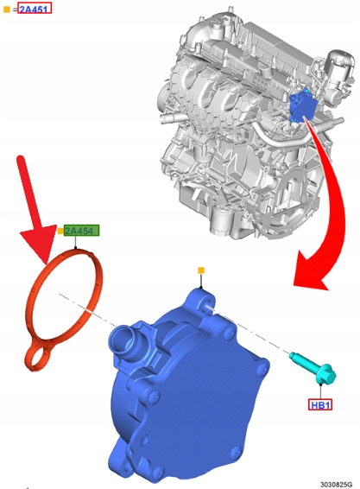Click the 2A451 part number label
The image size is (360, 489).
click(35, 9)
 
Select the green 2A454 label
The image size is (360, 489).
click(81, 231)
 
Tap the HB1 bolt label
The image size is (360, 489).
click(320, 404)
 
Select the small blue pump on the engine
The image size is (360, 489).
click(301, 106)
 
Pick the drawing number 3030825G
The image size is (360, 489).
click(337, 485)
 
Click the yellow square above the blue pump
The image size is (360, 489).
click(201, 270)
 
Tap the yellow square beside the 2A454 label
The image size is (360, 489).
click(60, 231)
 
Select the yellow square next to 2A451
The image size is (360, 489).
click(7, 10)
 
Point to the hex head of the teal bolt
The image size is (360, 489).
click(325, 375)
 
